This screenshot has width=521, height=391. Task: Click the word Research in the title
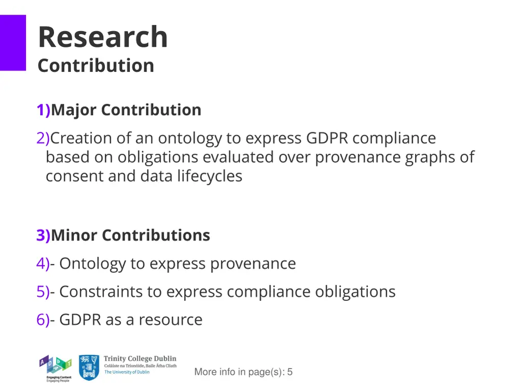click(102, 37)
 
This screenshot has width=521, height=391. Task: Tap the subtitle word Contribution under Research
click(96, 65)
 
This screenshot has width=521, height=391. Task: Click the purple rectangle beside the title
click(13, 43)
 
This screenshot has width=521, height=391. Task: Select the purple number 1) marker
click(43, 110)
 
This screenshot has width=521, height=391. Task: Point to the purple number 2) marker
click(43, 138)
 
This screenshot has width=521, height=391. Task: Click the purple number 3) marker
click(43, 235)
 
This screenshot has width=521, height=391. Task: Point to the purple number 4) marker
click(43, 264)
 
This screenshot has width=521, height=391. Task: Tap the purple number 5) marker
click(43, 292)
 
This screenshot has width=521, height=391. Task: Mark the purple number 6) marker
click(43, 320)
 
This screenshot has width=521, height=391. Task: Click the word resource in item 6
click(170, 320)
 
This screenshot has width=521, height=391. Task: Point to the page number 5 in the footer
click(290, 372)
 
